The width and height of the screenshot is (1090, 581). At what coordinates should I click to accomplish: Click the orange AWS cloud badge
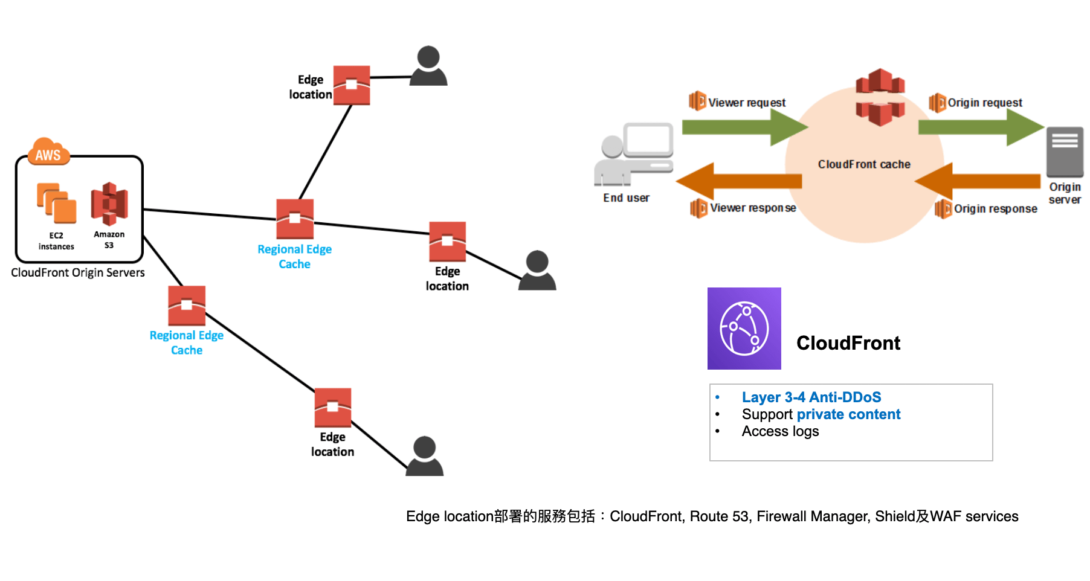click(x=49, y=153)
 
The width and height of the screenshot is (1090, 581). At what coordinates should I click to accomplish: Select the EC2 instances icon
click(x=57, y=203)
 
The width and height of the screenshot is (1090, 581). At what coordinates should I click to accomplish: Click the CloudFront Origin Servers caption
click(x=78, y=272)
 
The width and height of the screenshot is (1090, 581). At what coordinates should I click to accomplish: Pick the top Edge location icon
click(x=352, y=85)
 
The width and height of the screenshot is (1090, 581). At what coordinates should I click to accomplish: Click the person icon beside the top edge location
click(x=428, y=66)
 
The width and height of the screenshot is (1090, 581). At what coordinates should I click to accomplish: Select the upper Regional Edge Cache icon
click(x=295, y=219)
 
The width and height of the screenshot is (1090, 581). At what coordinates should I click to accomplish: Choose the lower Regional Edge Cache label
click(x=187, y=342)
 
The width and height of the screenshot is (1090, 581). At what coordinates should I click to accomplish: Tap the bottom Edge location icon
click(x=333, y=408)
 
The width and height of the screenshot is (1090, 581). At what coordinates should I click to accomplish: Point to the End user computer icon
click(x=634, y=154)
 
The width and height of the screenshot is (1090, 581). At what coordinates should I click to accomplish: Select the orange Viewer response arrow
click(x=740, y=181)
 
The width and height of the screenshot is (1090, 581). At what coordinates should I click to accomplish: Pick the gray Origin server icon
click(x=1065, y=152)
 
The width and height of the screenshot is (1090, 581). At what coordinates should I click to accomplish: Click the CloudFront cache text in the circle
click(x=864, y=164)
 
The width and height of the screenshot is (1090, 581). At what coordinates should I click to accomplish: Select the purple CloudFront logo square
click(x=744, y=329)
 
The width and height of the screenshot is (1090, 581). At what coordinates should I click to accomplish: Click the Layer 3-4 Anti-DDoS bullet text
click(x=811, y=397)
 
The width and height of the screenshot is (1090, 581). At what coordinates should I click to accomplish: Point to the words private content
click(x=848, y=414)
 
